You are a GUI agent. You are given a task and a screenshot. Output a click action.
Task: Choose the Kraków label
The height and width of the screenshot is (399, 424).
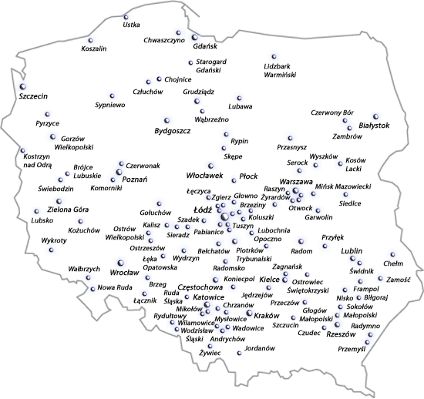tap(266, 316)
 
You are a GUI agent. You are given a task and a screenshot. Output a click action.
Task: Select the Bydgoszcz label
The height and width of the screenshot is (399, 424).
tap(172, 131)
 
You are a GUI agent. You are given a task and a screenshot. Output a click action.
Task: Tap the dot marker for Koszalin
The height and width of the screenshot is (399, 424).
tap(90, 40)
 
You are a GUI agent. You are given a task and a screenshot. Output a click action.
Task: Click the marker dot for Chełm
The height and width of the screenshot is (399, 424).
tap(392, 253)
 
